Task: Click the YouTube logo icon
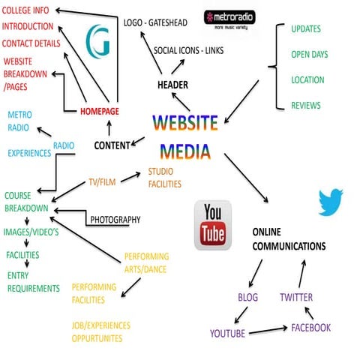point(213,225)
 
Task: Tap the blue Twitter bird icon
point(330,202)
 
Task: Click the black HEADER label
point(172,85)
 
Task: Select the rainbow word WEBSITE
point(184,122)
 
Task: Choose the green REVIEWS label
point(306,106)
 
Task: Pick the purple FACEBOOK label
point(311,328)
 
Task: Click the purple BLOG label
point(247,298)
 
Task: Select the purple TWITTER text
point(296,298)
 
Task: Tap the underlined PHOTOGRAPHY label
point(115,220)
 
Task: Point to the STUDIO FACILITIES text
point(164,177)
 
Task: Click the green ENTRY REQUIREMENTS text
point(32,282)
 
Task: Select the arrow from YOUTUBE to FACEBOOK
point(268,330)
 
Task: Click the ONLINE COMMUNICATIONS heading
point(289,238)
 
